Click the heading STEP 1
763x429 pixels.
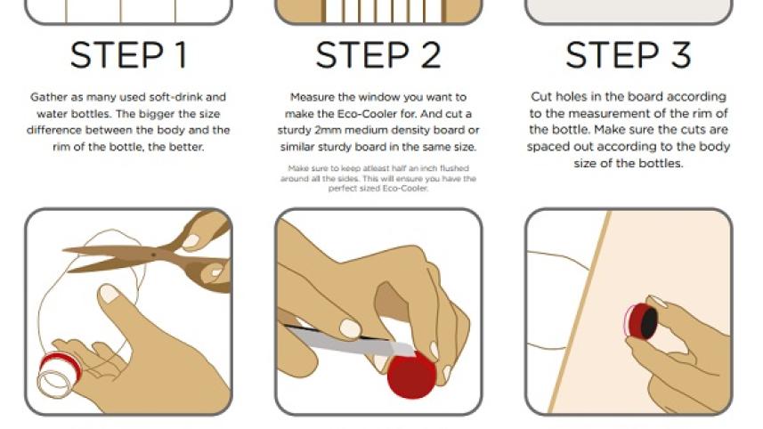129,55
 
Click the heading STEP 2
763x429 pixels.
378,55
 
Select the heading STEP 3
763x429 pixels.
629,55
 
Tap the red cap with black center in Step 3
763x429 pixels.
644,320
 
